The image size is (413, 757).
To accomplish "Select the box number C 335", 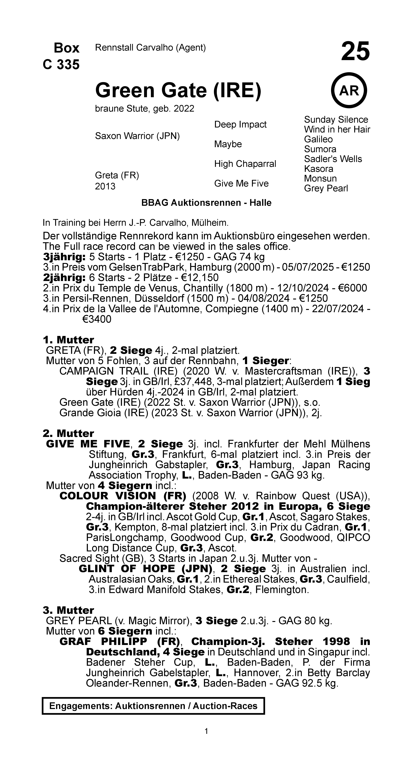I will [61, 65].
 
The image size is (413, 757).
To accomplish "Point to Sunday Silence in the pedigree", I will [336, 120].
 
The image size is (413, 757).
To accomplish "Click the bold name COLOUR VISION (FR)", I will [123, 496].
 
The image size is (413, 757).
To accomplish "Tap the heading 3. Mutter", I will [68, 610].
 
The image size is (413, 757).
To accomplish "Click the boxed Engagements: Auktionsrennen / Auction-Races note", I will [153, 706].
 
